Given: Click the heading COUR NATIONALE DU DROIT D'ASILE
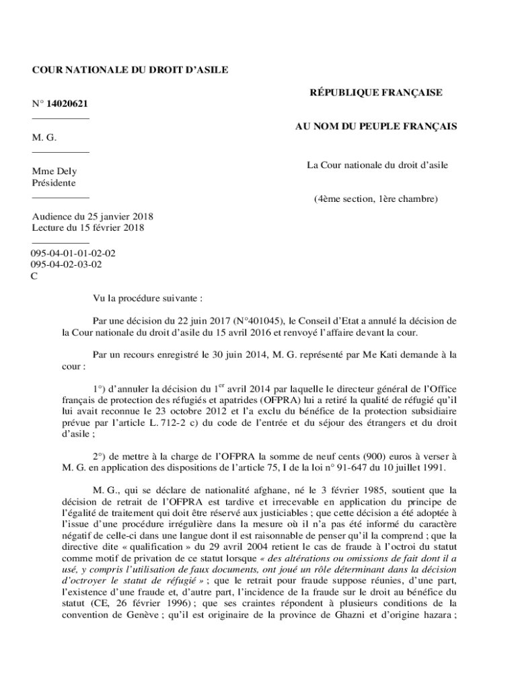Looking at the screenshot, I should (130, 69).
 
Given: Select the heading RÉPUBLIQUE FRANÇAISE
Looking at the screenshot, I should (375, 93).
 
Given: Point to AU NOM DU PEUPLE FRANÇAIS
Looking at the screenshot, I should (376, 126).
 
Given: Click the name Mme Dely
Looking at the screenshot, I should (54, 172).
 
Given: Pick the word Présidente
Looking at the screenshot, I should (54, 183).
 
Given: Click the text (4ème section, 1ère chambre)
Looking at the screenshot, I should (376, 199).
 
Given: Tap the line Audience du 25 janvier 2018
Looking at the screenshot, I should (93, 217).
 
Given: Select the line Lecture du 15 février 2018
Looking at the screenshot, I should (88, 227).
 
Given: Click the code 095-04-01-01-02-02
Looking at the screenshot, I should (73, 254).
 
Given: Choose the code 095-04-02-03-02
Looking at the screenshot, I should (67, 264).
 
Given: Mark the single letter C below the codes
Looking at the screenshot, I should (35, 275).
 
